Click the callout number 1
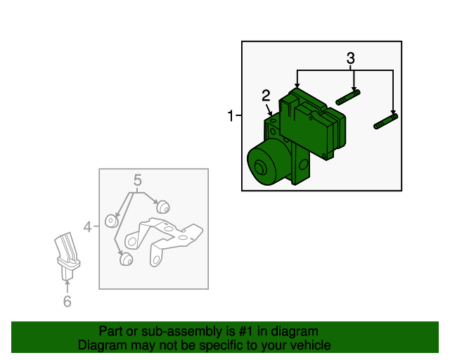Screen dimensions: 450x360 (231, 116)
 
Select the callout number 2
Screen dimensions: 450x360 (266, 96)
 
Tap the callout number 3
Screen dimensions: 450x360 (350, 58)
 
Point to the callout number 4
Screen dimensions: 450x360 (87, 227)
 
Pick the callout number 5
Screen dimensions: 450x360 (138, 180)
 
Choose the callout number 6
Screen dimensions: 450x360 (67, 301)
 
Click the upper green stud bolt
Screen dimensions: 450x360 (348, 97)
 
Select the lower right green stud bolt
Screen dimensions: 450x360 (386, 122)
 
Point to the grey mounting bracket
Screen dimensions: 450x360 (164, 240)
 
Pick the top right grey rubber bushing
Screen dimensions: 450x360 (163, 207)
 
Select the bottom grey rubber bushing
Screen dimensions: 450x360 (126, 259)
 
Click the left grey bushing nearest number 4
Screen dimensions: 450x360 (111, 221)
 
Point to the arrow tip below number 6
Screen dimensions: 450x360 (67, 282)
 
